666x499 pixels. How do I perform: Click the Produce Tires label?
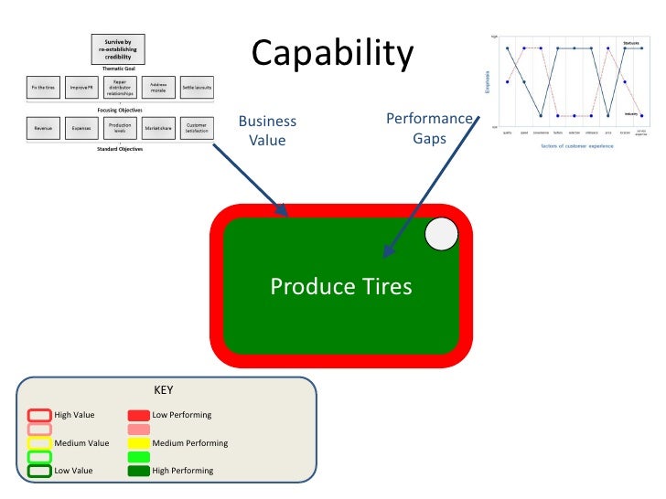click(341, 287)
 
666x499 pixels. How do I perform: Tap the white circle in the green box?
click(442, 235)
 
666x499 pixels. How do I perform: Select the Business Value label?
click(267, 131)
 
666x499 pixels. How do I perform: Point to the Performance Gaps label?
click(429, 129)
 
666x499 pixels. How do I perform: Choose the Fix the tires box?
click(41, 88)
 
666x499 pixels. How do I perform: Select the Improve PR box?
click(81, 88)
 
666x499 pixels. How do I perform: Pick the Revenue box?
click(42, 129)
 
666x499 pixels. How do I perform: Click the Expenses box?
click(81, 129)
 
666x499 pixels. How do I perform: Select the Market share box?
click(159, 129)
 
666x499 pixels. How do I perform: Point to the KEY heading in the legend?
click(163, 390)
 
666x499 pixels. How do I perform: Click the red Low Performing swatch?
click(139, 415)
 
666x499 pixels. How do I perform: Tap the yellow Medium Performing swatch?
click(139, 443)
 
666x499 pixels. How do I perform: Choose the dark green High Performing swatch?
click(139, 471)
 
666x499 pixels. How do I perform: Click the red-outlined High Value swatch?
click(39, 415)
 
